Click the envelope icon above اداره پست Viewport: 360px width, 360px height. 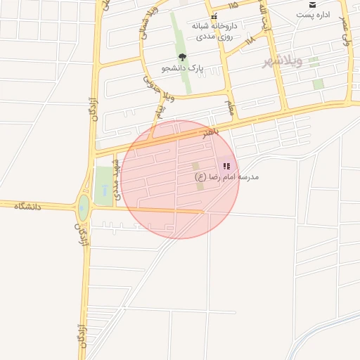(312, 4)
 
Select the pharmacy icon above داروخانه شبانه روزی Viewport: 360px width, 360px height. (214, 15)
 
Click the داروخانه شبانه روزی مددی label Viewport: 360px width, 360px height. (214, 30)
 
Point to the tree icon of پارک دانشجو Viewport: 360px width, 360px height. (182, 57)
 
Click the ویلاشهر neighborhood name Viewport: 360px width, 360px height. (282, 61)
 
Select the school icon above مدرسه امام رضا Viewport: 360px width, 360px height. (226, 167)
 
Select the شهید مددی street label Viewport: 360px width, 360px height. (117, 181)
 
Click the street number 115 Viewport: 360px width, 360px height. (233, 5)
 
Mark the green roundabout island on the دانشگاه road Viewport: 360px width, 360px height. (84, 207)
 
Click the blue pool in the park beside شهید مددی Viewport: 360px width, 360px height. (104, 190)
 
